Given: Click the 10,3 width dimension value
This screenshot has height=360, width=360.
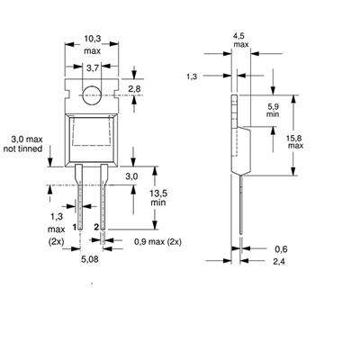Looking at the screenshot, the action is [92, 39].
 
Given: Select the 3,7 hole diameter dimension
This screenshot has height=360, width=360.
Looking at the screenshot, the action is [93, 68].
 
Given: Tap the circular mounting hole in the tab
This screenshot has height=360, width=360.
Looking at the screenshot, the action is [91, 95].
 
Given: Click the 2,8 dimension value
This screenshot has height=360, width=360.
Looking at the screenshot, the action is [134, 89].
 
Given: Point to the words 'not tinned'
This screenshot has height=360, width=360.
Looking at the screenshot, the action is [22, 148].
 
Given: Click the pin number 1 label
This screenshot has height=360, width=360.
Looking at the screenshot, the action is [74, 228].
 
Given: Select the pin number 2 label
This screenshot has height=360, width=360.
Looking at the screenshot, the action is [96, 228].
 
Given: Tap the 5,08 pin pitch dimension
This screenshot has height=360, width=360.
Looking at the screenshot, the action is [90, 259].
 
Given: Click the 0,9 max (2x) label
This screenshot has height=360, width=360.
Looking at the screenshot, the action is [157, 242].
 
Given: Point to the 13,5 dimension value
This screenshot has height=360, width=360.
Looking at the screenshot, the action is [158, 193].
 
